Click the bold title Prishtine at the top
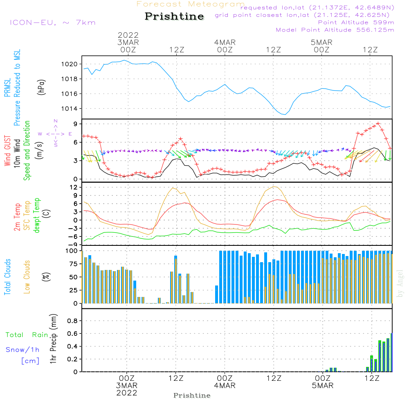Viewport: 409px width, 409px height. [x=174, y=16]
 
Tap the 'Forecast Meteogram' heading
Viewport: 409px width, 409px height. [x=191, y=4]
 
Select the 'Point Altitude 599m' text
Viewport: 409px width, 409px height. [x=356, y=22]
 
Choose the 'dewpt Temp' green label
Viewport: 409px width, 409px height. [x=37, y=216]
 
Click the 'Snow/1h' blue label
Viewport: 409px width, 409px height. [x=23, y=350]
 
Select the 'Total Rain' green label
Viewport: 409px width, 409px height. [x=27, y=335]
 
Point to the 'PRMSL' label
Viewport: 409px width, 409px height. [x=8, y=88]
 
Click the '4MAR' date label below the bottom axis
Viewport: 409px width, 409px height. [x=225, y=386]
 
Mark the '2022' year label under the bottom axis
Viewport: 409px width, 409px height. [x=127, y=393]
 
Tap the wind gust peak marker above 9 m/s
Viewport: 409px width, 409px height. [x=378, y=123]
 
